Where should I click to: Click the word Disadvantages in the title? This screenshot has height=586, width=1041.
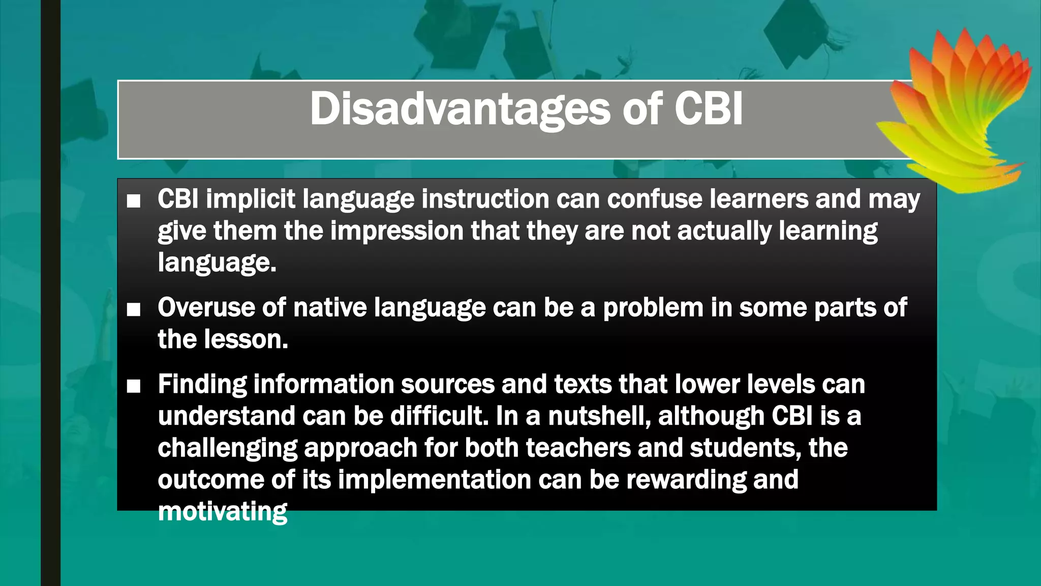tap(460, 109)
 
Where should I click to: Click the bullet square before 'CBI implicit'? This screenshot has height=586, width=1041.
tap(134, 201)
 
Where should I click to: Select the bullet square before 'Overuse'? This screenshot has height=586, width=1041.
tap(134, 309)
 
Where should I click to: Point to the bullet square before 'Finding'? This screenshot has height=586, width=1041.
tap(134, 387)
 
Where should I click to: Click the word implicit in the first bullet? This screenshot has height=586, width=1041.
tap(250, 199)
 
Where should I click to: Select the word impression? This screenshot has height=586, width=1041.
tap(396, 231)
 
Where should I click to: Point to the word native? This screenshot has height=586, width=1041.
tap(329, 308)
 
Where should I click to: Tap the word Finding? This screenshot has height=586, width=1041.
tap(202, 384)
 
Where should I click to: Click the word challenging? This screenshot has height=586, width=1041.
tap(227, 448)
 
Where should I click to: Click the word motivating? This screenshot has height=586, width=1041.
tap(222, 511)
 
